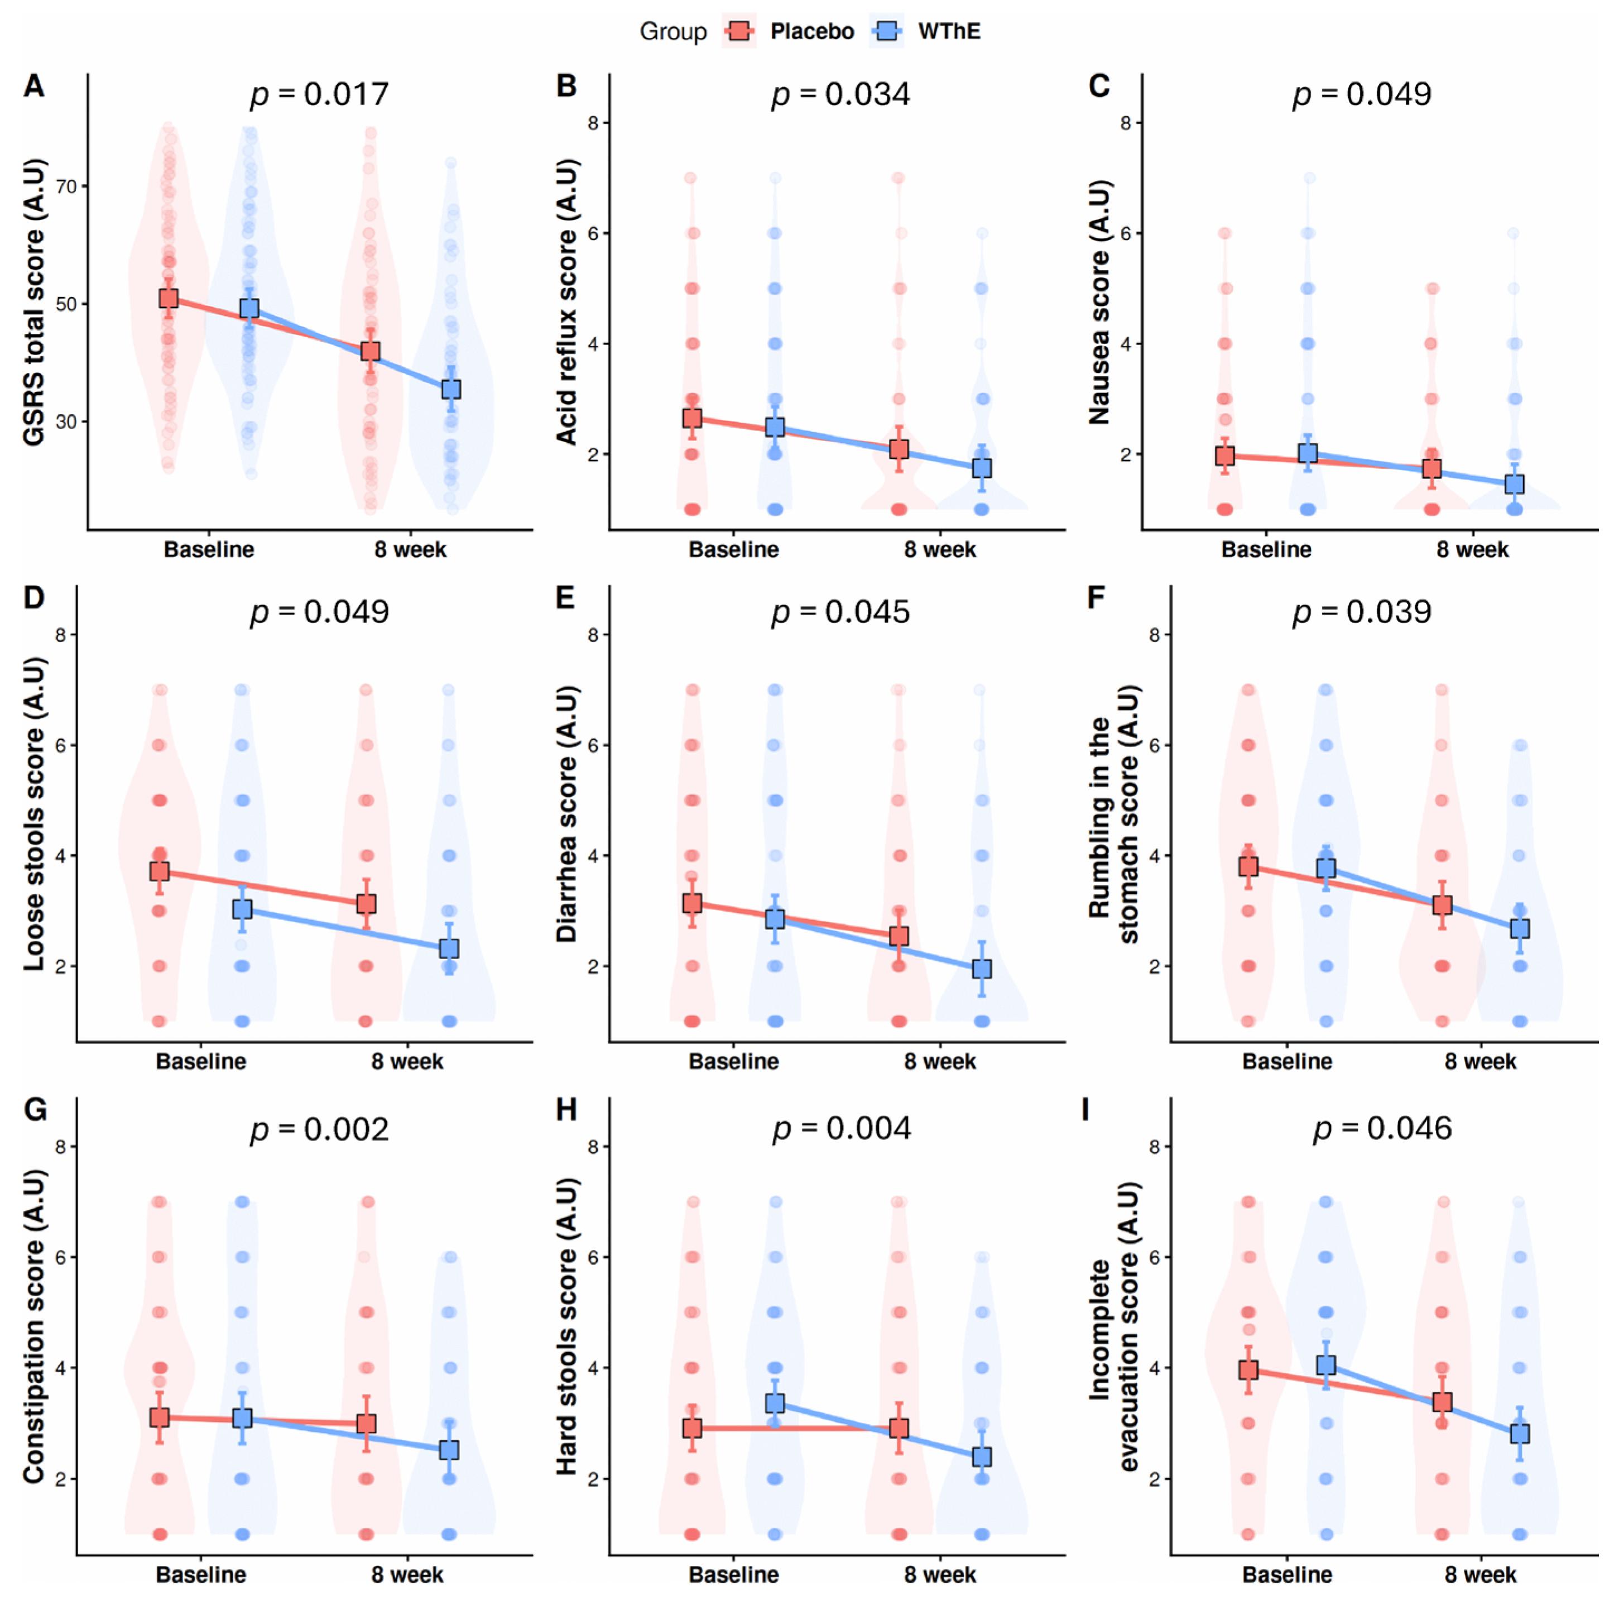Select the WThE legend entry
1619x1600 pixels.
click(926, 31)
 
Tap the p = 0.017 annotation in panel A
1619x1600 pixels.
click(319, 94)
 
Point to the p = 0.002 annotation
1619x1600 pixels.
click(319, 1129)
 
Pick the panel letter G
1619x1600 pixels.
click(35, 1110)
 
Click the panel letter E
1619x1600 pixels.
click(566, 597)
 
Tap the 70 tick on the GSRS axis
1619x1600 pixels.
click(66, 186)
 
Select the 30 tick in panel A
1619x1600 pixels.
click(66, 421)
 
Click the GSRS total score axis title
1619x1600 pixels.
click(33, 303)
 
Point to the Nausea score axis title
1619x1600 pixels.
click(1099, 303)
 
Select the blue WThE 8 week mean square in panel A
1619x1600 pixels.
click(451, 389)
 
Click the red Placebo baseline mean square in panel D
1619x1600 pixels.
click(159, 871)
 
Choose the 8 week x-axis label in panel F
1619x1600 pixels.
click(1480, 1062)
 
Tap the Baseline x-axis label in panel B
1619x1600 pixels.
click(734, 550)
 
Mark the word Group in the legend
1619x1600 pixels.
click(673, 32)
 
